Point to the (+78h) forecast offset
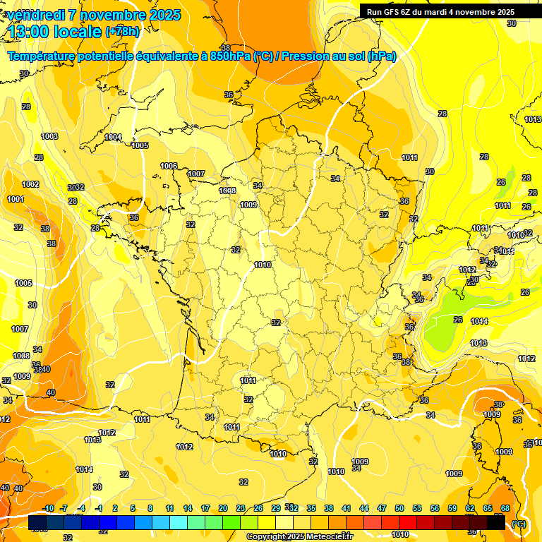coord(122,32)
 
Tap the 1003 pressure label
coord(49,136)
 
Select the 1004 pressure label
coord(113,137)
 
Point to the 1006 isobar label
coord(169,166)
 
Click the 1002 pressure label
coord(30,184)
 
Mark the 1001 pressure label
coord(16,199)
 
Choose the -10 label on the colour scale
coord(49,508)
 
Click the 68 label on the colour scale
coord(505,508)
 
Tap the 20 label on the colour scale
coord(222,508)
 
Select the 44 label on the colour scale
coord(364,508)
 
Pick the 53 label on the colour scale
coord(417,508)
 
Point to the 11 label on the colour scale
coord(169,508)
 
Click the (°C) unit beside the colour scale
coord(519,523)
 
